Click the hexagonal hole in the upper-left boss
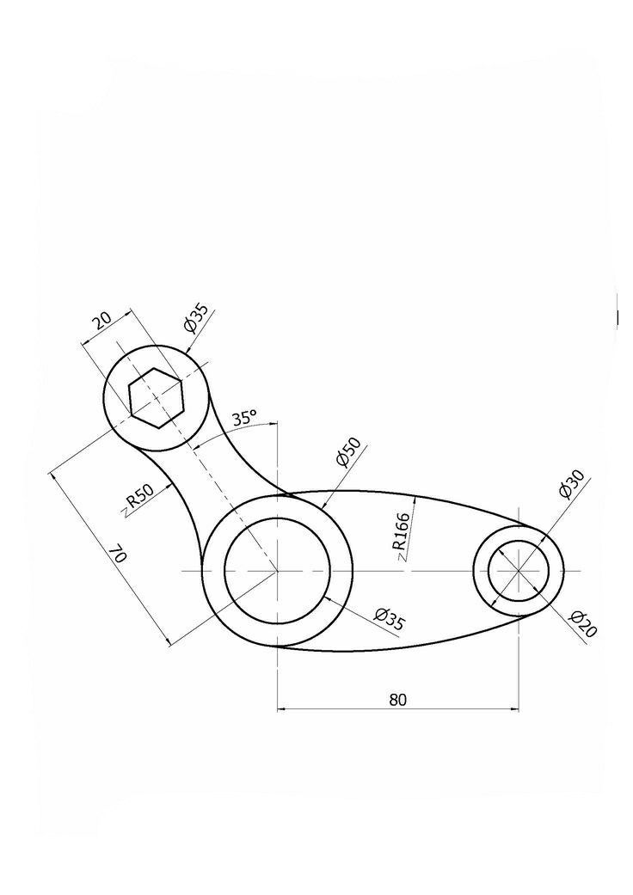156,397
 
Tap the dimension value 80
396,699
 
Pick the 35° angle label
244,419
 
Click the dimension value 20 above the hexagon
101,322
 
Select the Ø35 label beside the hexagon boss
195,319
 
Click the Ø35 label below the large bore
389,619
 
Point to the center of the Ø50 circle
277,571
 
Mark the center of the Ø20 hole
519,571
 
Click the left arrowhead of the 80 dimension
281,709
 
